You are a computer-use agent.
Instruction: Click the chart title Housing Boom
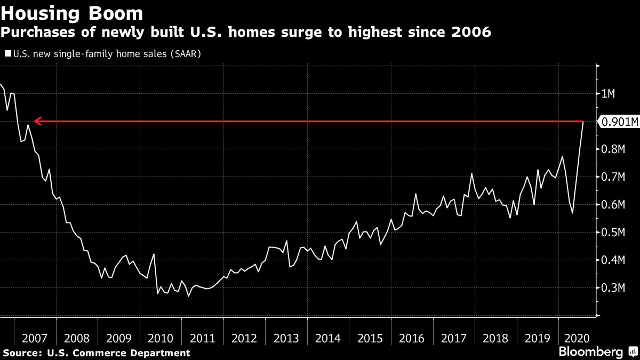click(x=72, y=13)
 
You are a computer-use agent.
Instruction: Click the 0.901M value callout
click(x=619, y=122)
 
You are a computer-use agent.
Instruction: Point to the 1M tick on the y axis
click(x=608, y=94)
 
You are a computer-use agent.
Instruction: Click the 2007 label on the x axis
click(x=35, y=338)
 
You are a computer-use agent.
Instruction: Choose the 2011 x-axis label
click(x=203, y=338)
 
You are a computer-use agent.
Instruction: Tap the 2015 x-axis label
click(x=370, y=338)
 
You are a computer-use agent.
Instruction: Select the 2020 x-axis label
click(x=578, y=338)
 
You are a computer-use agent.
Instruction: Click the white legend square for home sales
click(x=8, y=53)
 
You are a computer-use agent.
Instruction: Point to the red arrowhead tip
click(x=35, y=122)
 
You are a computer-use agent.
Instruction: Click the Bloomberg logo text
click(x=590, y=352)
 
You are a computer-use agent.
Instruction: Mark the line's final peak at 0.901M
click(x=583, y=122)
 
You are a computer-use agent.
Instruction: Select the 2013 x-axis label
click(x=286, y=338)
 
